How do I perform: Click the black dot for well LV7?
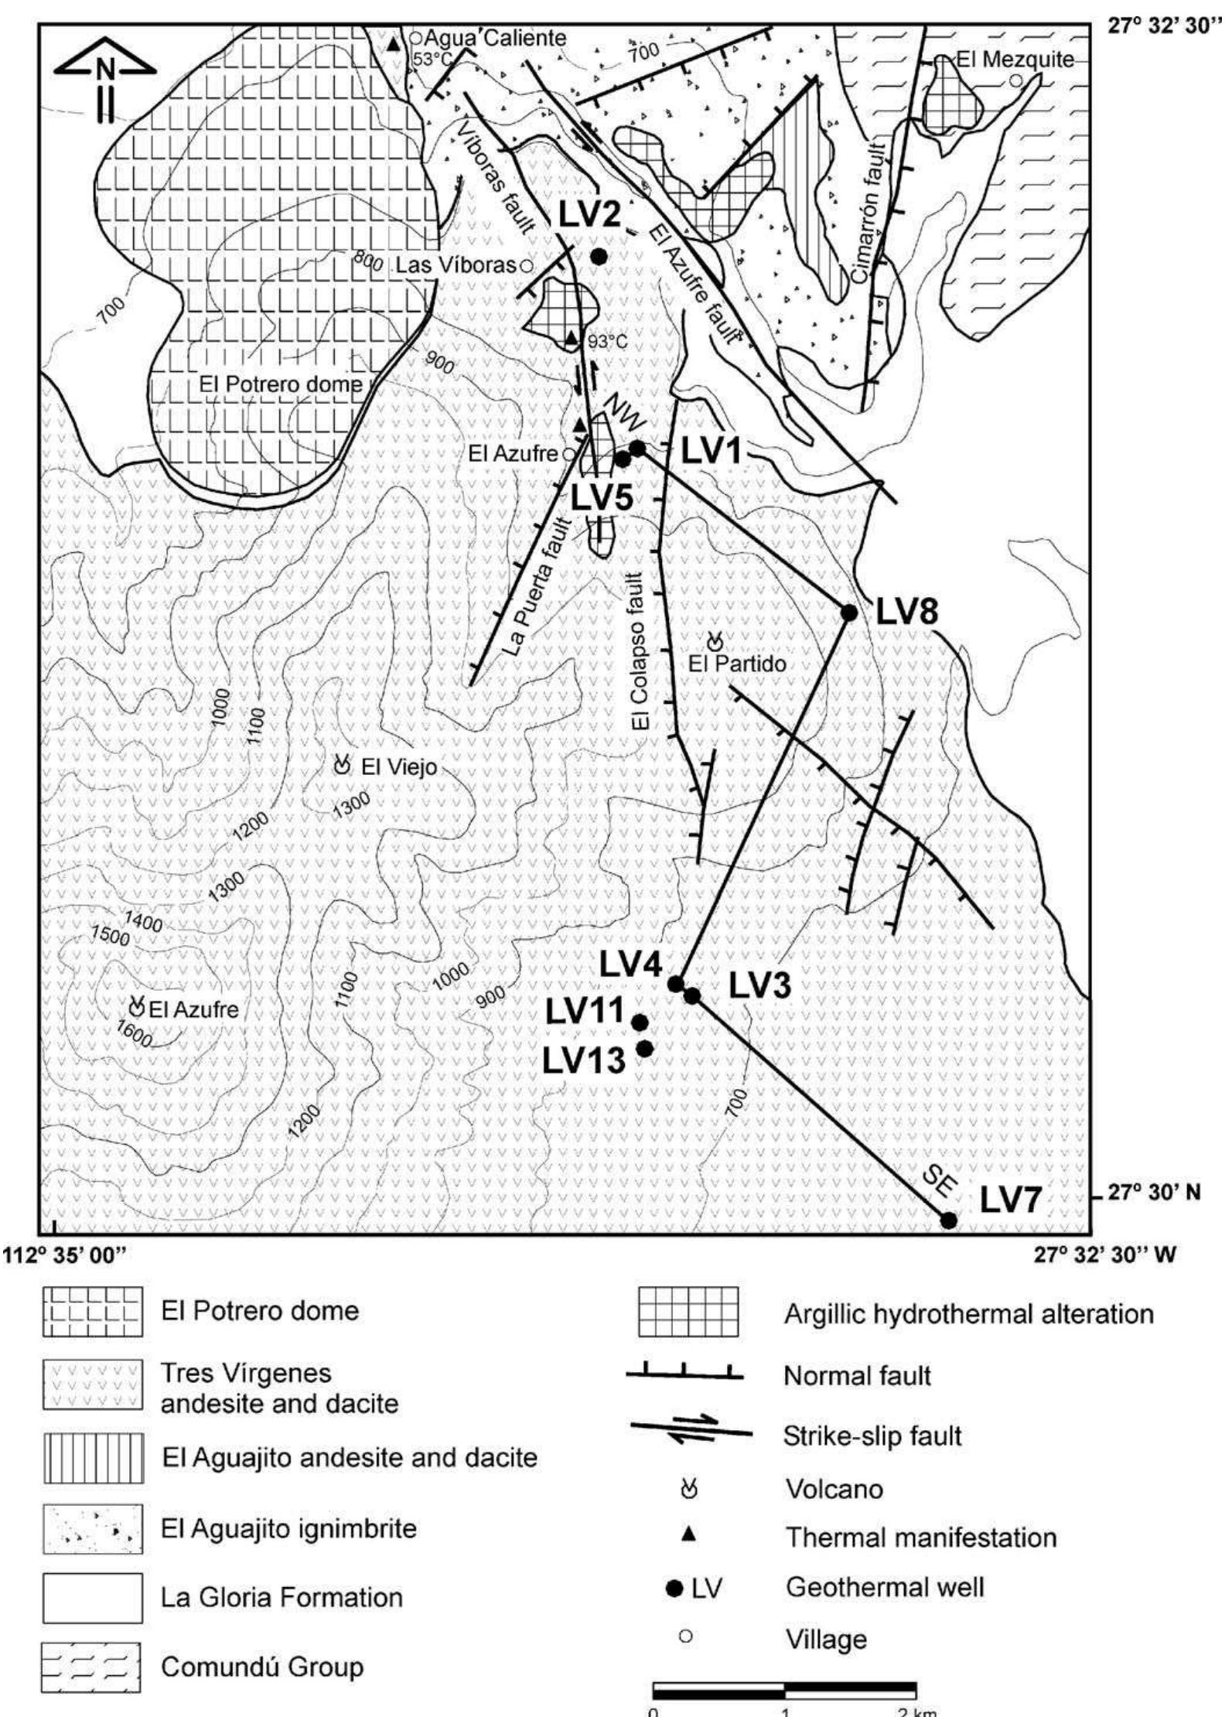tap(948, 1220)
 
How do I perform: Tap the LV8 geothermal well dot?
tap(848, 613)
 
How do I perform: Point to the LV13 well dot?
tap(646, 1049)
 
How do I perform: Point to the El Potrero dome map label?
tap(280, 384)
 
